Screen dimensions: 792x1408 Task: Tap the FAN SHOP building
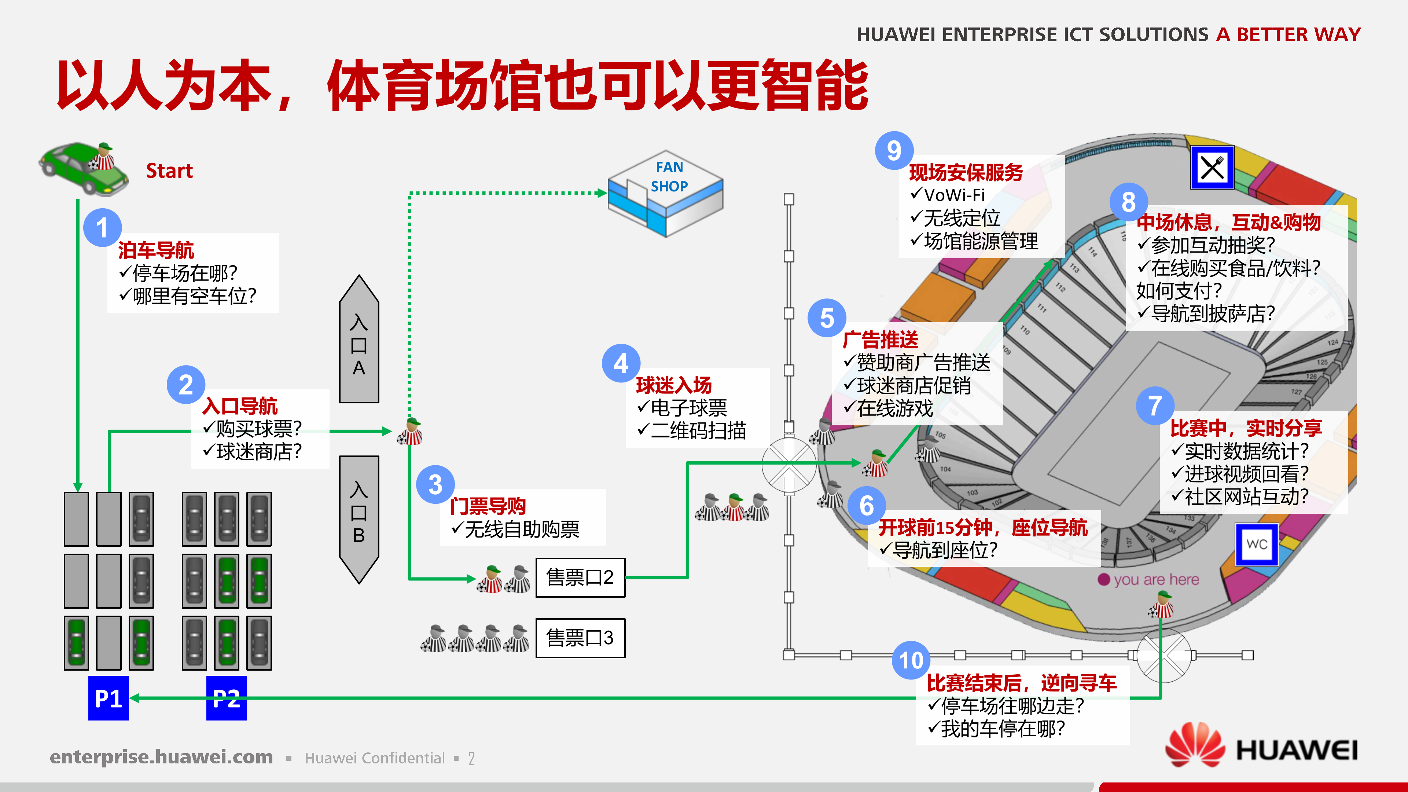[x=666, y=194]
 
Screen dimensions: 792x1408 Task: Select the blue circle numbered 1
[x=102, y=227]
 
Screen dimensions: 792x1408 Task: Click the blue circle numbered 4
[x=621, y=363]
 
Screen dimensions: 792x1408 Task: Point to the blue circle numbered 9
[x=894, y=151]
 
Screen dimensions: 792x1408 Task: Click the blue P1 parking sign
[x=108, y=698]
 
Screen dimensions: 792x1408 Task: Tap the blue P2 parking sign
[x=226, y=698]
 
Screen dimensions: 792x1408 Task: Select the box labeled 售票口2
[x=580, y=577]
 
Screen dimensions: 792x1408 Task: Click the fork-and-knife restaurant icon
[x=1212, y=167]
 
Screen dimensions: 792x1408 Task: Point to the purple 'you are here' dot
[x=1103, y=580]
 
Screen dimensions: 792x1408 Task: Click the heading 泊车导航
[x=156, y=250]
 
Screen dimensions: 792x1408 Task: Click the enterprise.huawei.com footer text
[x=161, y=757]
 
